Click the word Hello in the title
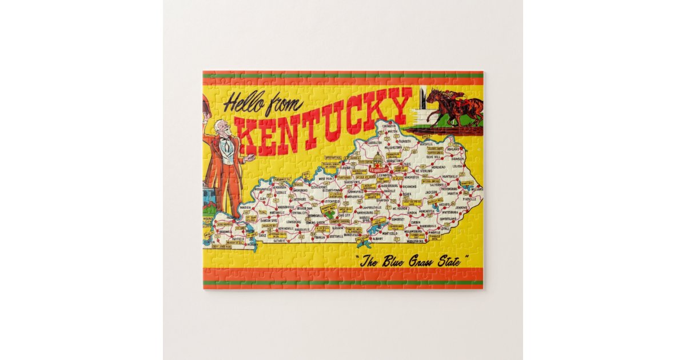(244, 103)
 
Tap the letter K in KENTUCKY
(250, 136)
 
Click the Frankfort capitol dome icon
(377, 159)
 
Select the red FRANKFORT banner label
(378, 170)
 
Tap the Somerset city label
(398, 219)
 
